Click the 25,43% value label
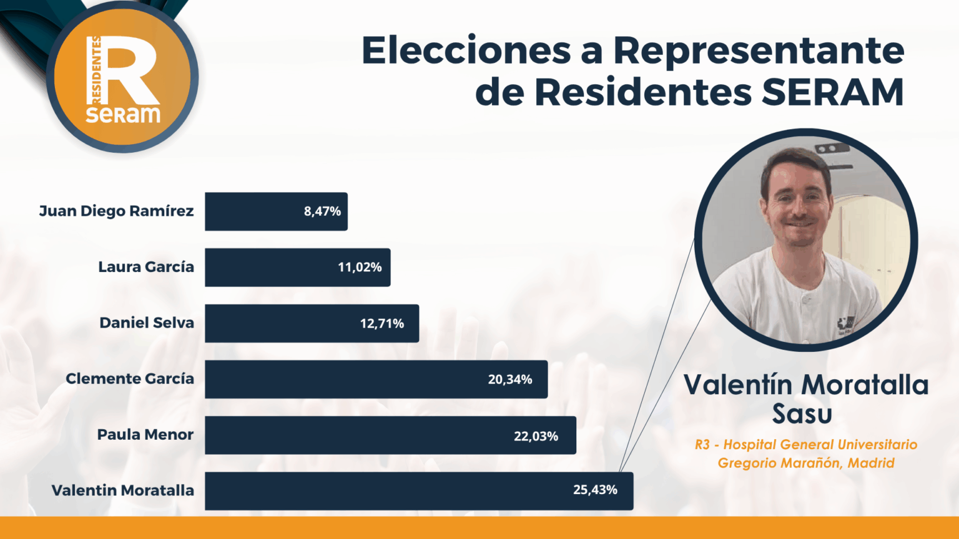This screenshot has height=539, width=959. pos(595,490)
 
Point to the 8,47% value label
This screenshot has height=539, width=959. pos(322,211)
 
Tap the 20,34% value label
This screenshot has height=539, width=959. pos(510,379)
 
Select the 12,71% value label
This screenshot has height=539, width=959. pos(381,324)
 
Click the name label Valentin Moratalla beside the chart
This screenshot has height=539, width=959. pos(122,491)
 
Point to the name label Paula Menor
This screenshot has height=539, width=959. pos(145,435)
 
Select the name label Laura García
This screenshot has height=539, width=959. pos(146,267)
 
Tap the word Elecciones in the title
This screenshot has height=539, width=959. pos(466,51)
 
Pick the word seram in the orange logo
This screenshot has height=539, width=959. pos(123,114)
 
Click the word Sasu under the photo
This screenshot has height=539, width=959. pos(802,414)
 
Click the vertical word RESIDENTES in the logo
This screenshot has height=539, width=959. pos(96,69)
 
